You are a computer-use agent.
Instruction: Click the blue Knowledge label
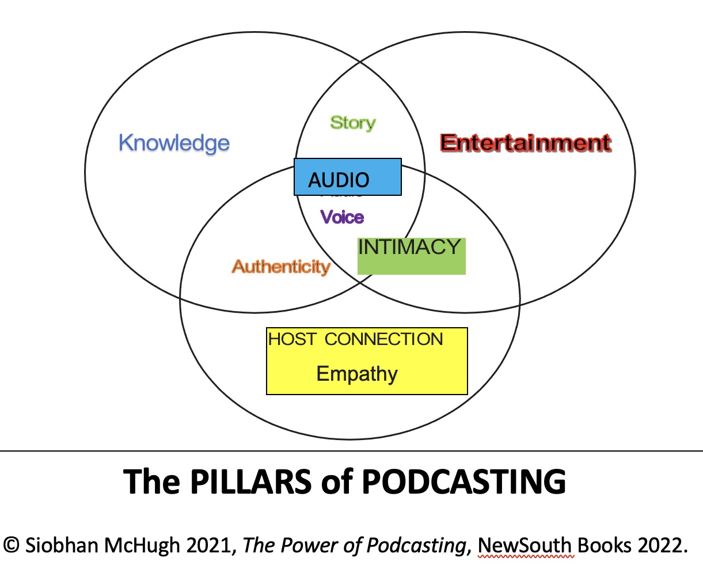(x=174, y=143)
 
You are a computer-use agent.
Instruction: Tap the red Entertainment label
(x=525, y=143)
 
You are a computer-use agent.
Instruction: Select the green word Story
(x=352, y=123)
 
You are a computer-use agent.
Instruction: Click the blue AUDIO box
(x=347, y=177)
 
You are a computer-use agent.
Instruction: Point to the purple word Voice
(x=342, y=217)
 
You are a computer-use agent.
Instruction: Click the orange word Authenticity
(x=281, y=267)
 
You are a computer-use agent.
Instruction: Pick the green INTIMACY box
(x=411, y=256)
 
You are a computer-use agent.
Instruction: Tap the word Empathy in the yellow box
(x=357, y=374)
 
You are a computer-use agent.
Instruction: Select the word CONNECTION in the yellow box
(x=384, y=339)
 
